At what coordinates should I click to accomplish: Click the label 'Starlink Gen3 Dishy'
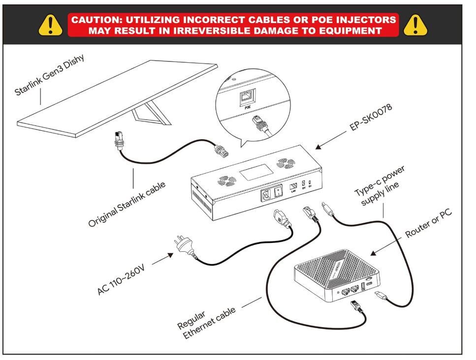[50, 75]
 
